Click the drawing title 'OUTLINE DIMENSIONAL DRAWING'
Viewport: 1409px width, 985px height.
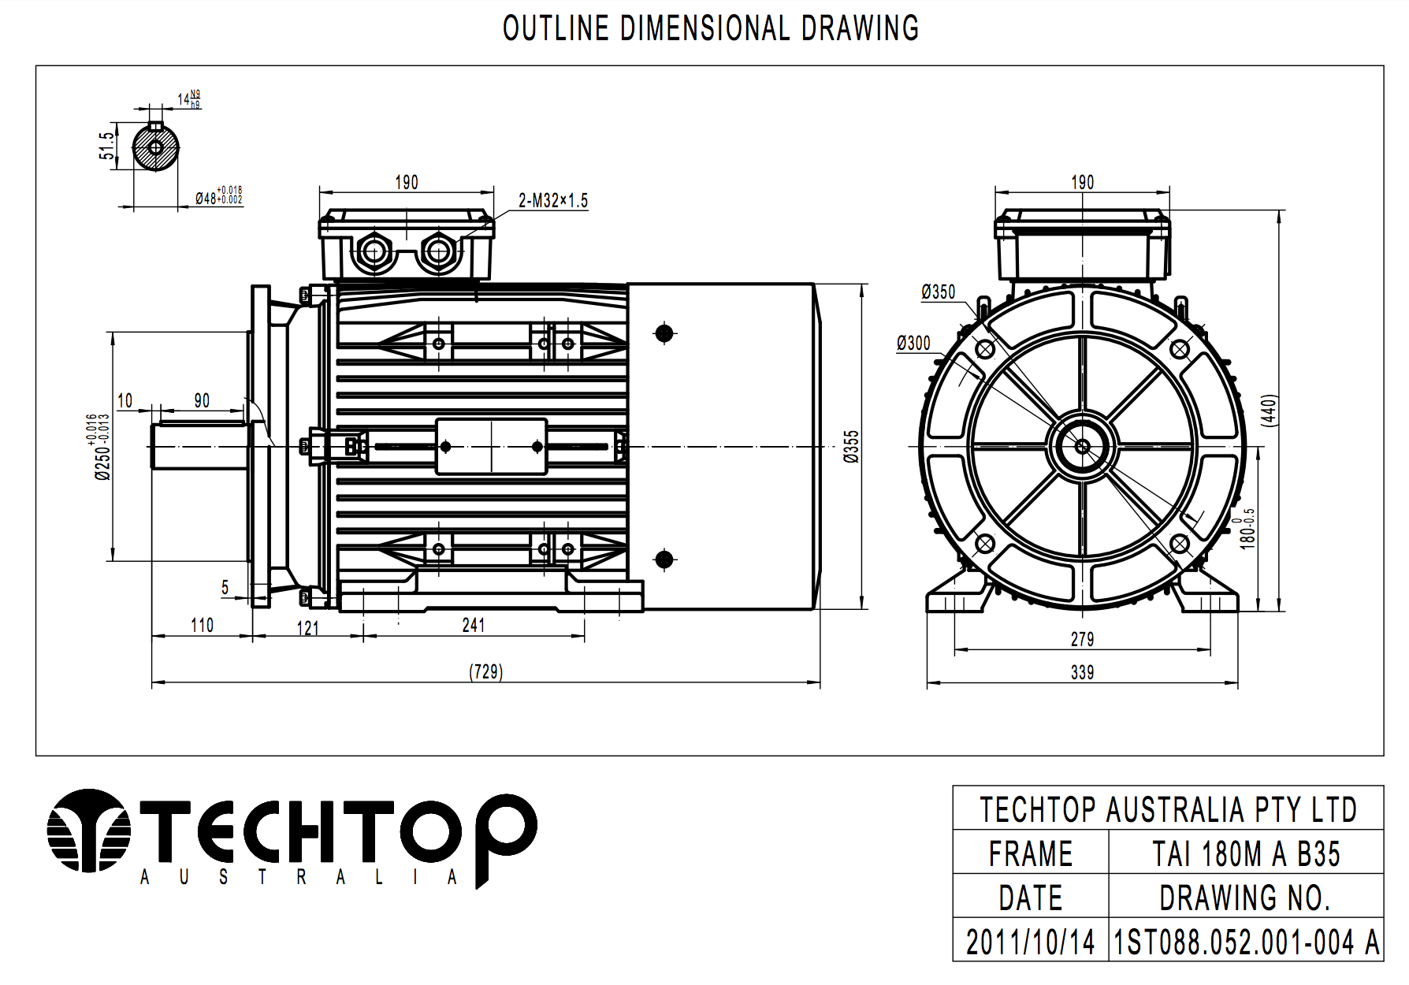711,28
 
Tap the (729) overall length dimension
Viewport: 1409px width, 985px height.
485,671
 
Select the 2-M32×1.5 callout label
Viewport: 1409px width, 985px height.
553,201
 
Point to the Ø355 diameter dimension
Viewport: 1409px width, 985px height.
851,446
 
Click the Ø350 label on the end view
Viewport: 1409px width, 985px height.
938,292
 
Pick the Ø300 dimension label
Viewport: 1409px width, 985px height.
913,344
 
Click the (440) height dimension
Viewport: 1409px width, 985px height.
1269,410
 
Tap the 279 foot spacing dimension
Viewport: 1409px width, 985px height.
1082,639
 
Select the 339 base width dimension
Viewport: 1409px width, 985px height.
1082,672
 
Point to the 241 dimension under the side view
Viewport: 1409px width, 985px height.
474,625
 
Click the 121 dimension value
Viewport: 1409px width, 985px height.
307,628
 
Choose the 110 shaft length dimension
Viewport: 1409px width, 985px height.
202,625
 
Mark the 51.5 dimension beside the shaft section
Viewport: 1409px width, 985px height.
106,146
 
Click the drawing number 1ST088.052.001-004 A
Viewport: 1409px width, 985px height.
1246,942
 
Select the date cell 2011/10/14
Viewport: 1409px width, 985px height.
1030,942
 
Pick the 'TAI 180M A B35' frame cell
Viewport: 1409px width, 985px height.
1246,854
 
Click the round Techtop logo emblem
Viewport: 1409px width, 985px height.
87,831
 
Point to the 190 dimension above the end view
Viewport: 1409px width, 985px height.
1082,182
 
